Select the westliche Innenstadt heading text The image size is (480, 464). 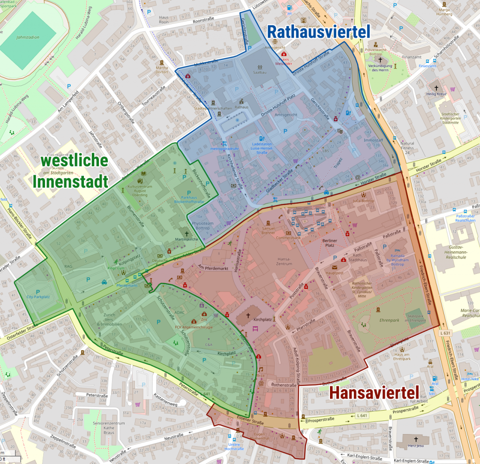tap(75, 171)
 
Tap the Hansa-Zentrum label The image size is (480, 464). tap(285, 261)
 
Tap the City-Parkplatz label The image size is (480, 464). tap(38, 297)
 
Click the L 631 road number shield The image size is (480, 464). tap(446, 333)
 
